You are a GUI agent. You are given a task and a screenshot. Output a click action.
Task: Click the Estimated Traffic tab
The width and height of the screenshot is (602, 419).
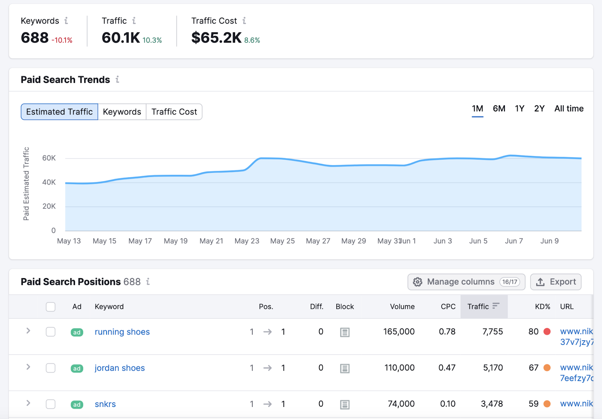click(59, 112)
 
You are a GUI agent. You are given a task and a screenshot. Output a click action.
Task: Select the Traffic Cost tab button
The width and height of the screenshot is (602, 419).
click(174, 112)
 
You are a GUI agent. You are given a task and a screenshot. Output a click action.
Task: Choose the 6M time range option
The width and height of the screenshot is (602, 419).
click(499, 109)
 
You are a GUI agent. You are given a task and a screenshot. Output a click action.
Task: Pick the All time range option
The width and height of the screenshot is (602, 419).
click(569, 109)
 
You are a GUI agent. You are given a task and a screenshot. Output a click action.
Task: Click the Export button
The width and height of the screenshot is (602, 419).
click(556, 282)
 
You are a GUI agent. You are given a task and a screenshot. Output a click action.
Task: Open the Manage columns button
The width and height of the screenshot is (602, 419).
click(466, 282)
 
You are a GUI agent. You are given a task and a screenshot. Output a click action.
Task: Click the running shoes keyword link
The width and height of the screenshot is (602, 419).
click(122, 332)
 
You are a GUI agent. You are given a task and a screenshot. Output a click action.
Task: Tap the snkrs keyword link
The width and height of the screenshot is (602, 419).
click(105, 404)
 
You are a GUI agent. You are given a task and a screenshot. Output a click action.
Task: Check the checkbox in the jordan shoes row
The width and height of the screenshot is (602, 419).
click(50, 368)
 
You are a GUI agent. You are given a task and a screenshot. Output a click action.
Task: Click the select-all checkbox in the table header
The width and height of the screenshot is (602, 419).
click(50, 307)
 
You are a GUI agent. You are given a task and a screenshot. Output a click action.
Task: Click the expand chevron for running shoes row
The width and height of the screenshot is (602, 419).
click(28, 331)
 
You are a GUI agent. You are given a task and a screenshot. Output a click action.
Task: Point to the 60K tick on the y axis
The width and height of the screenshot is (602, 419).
click(49, 158)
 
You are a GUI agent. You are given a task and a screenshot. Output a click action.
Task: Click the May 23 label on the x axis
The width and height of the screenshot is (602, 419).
click(247, 241)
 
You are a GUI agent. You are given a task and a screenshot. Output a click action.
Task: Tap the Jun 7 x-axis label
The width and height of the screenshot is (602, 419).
click(514, 241)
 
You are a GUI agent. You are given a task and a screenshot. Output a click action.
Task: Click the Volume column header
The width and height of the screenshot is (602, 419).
click(402, 307)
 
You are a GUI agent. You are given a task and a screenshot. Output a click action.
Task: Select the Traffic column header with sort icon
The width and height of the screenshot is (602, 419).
click(483, 307)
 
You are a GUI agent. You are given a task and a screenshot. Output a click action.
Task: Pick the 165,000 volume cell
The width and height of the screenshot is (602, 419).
click(398, 332)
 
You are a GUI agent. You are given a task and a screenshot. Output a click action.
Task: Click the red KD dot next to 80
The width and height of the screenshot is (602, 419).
click(547, 332)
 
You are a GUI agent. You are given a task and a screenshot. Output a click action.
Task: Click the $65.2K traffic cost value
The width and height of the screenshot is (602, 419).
click(216, 38)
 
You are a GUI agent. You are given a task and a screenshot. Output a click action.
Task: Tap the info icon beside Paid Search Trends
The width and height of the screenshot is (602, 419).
click(117, 79)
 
